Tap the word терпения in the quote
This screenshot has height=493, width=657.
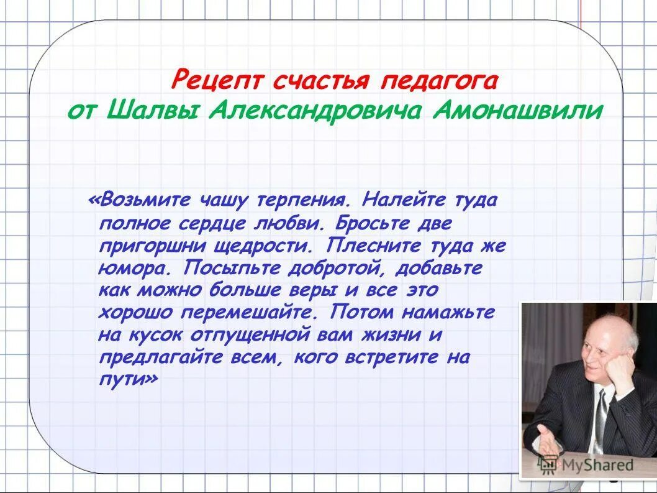[x=299, y=200]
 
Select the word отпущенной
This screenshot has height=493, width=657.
[x=247, y=334]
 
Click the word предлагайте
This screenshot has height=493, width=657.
[x=158, y=357]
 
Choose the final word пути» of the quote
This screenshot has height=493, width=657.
[x=129, y=379]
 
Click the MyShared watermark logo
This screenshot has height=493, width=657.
[x=587, y=464]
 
